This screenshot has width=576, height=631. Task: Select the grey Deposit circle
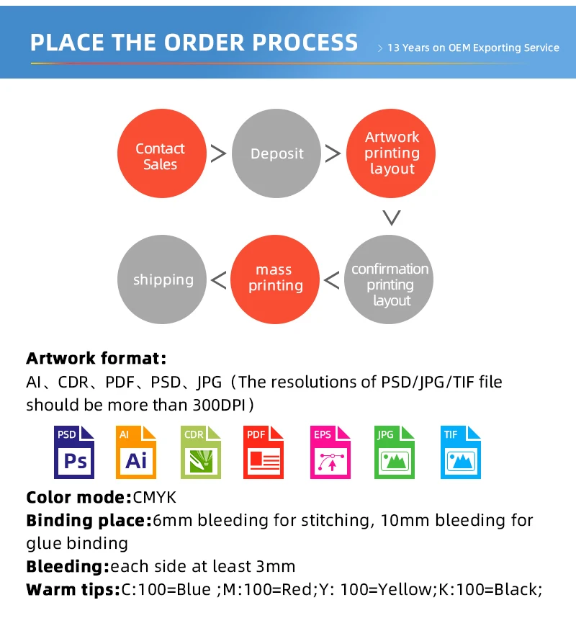pos(276,154)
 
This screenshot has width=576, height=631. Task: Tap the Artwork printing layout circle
pos(392,153)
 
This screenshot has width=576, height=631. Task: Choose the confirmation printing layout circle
pos(390,282)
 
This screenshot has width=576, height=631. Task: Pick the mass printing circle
pos(274,279)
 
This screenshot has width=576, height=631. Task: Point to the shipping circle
pos(163,279)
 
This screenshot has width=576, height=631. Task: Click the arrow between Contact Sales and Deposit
pos(218,153)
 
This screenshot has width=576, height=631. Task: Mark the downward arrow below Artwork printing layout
pos(391,218)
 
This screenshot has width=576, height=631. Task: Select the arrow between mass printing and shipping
pos(218,279)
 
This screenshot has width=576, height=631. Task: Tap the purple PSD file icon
pos(75,452)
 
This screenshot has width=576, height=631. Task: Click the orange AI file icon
pos(136,452)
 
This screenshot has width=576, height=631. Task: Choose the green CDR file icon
pos(199,452)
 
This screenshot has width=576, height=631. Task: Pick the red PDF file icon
pos(263,452)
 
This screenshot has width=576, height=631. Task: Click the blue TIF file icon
pos(460,452)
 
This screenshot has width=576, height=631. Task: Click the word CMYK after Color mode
pos(155,497)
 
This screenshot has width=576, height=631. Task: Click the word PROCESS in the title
pos(298,42)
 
